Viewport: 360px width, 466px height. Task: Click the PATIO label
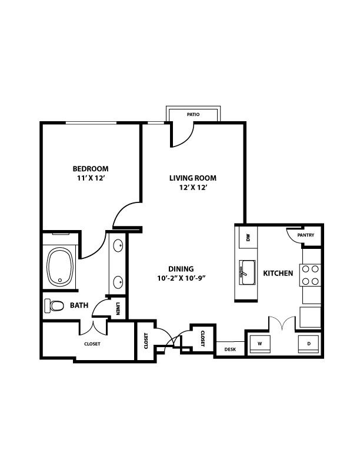pyautogui.click(x=193, y=114)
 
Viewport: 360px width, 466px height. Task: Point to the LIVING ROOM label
pyautogui.click(x=193, y=178)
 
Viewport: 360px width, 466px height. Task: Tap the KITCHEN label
pyautogui.click(x=278, y=273)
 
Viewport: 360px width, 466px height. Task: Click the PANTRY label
pyautogui.click(x=305, y=235)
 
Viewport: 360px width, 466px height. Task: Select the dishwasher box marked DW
pyautogui.click(x=248, y=237)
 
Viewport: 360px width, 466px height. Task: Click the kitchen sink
pyautogui.click(x=246, y=271)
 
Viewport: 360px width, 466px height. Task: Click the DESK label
pyautogui.click(x=230, y=349)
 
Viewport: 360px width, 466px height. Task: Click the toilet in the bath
pyautogui.click(x=55, y=306)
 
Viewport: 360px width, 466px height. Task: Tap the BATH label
pyautogui.click(x=79, y=305)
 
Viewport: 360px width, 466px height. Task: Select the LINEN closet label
pyautogui.click(x=118, y=308)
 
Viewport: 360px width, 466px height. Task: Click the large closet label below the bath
pyautogui.click(x=92, y=344)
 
